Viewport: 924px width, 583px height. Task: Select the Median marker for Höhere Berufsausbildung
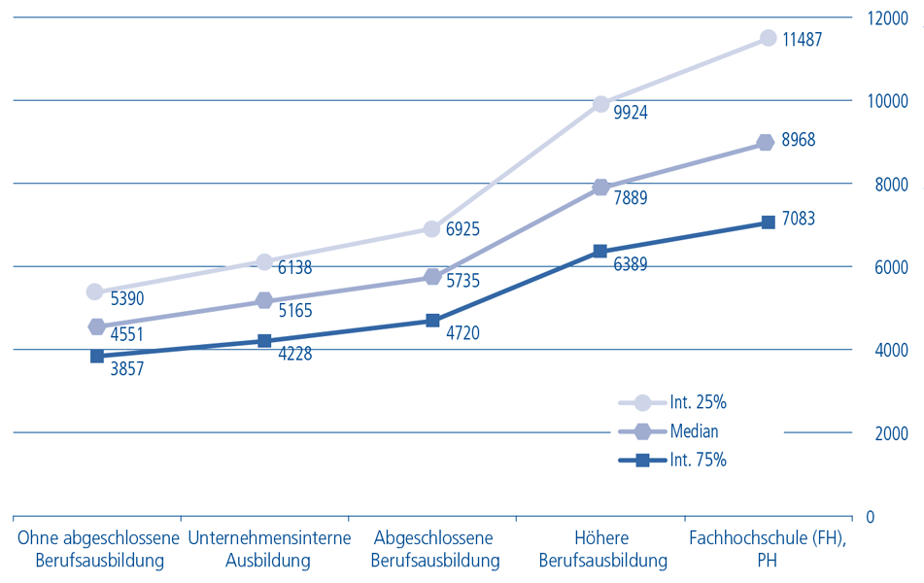click(x=600, y=188)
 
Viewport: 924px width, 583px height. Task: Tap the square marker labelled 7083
click(x=768, y=222)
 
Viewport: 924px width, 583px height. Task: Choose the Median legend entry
click(x=694, y=431)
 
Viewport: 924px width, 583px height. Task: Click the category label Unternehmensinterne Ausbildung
click(x=267, y=549)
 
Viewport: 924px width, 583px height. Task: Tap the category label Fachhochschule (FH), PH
click(x=768, y=549)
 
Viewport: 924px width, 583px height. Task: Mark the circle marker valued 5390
click(x=94, y=291)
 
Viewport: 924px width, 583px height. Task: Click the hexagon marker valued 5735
click(x=432, y=277)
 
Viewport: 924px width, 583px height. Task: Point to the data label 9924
click(x=631, y=113)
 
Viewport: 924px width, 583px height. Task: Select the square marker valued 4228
click(x=264, y=341)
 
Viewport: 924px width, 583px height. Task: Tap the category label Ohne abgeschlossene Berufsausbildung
click(x=99, y=549)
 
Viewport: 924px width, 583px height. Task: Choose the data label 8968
click(x=797, y=140)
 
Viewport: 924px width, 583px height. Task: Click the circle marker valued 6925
click(x=432, y=228)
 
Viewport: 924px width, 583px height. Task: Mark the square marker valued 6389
click(x=600, y=251)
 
